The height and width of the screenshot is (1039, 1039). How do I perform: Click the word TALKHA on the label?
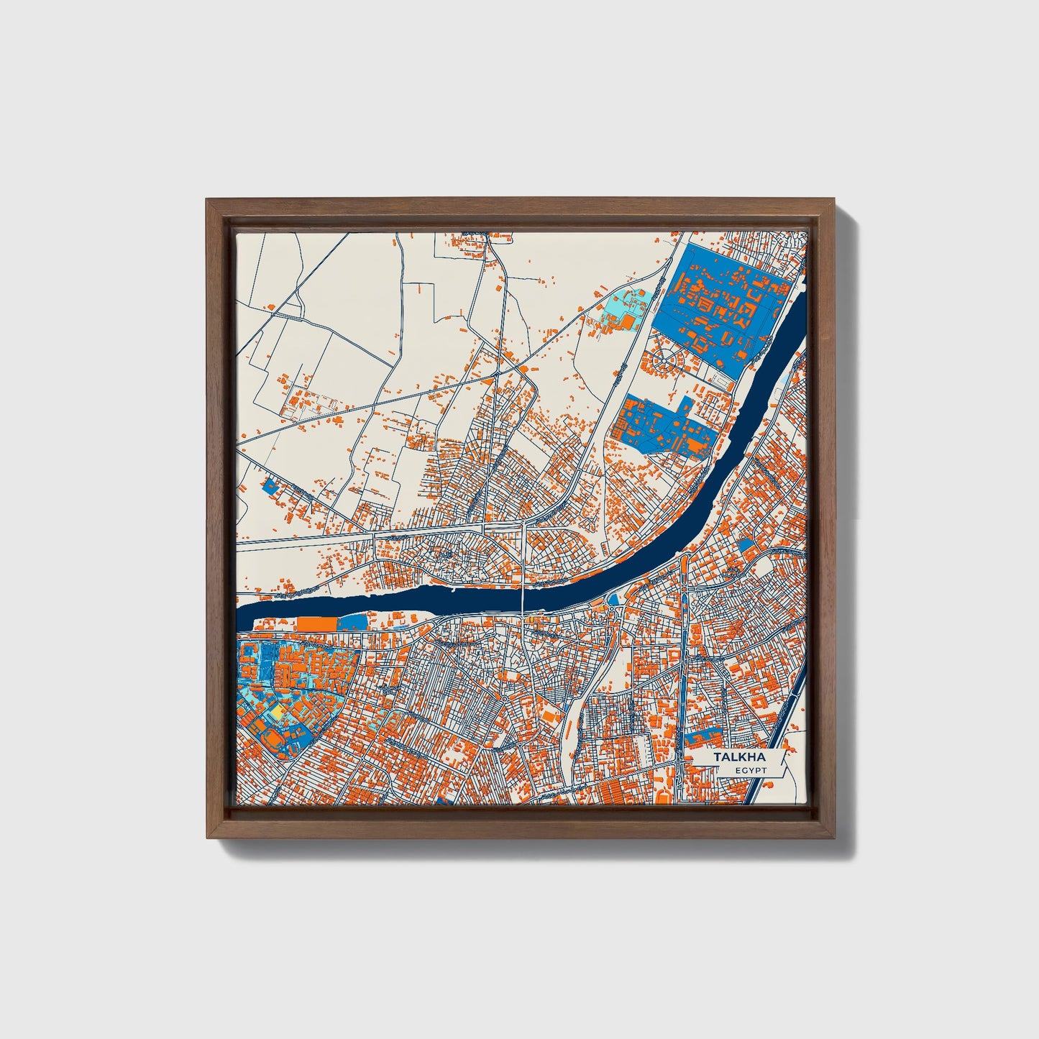(x=740, y=758)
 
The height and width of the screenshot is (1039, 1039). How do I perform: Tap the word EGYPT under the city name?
(x=751, y=770)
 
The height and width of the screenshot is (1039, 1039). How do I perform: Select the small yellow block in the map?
(x=276, y=711)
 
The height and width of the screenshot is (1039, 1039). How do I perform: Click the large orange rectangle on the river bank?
(x=317, y=623)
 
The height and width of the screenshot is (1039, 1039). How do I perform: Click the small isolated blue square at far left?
(x=270, y=486)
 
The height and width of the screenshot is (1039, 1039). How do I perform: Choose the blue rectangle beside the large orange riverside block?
(x=352, y=623)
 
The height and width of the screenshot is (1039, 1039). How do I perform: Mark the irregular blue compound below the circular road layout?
(x=665, y=426)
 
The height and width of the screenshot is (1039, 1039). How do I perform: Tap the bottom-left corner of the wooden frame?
(x=208, y=838)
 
